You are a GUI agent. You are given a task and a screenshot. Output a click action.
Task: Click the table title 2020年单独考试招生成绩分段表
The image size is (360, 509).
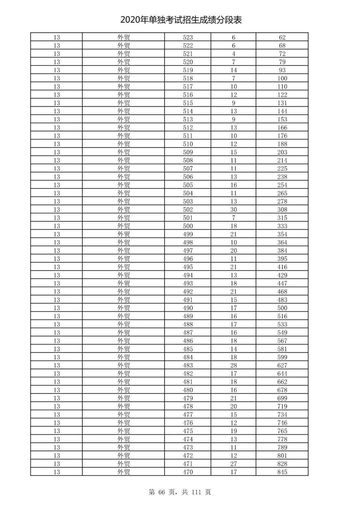181,20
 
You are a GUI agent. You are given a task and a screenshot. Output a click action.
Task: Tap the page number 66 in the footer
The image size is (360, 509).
162,492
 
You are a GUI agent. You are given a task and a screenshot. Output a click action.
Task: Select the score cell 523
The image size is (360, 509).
188,37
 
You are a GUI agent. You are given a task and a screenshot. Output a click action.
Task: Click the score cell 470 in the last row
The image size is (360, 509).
188,472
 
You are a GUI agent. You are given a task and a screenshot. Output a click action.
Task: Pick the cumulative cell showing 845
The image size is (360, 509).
282,472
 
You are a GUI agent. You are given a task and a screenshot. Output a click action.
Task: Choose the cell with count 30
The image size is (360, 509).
233,210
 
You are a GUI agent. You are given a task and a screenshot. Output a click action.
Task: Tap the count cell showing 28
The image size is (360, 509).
233,365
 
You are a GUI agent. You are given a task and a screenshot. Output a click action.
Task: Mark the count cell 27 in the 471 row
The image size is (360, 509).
233,464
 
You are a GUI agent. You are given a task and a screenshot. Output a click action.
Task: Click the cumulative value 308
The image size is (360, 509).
282,210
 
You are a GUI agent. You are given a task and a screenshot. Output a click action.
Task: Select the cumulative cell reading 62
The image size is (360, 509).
282,37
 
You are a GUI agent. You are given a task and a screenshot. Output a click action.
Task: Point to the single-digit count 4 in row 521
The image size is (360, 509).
233,54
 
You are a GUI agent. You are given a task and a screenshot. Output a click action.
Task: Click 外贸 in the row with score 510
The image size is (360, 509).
123,144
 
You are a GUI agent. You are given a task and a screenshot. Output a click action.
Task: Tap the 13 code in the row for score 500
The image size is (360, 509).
57,226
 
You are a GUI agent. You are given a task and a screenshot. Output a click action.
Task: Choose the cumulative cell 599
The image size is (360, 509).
282,357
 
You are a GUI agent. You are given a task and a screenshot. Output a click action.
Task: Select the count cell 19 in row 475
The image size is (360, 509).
233,431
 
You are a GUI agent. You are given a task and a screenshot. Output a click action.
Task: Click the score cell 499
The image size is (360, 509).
188,234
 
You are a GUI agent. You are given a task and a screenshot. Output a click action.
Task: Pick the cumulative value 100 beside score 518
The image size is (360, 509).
282,78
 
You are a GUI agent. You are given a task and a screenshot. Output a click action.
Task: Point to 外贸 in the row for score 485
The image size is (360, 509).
123,349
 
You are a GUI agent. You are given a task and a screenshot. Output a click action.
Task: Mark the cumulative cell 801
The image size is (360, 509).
282,456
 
